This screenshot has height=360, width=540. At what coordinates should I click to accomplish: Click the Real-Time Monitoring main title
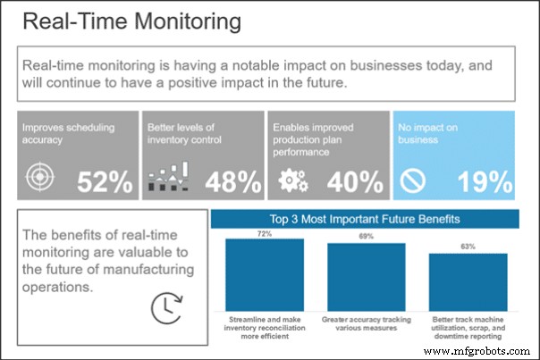click(131, 21)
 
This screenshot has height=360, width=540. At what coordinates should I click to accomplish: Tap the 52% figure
click(105, 182)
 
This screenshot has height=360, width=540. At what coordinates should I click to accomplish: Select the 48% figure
click(233, 182)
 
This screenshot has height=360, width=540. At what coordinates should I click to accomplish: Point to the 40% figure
click(356, 182)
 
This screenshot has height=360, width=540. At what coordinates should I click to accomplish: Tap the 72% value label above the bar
click(264, 233)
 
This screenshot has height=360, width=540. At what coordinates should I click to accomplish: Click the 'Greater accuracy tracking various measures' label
click(367, 323)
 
